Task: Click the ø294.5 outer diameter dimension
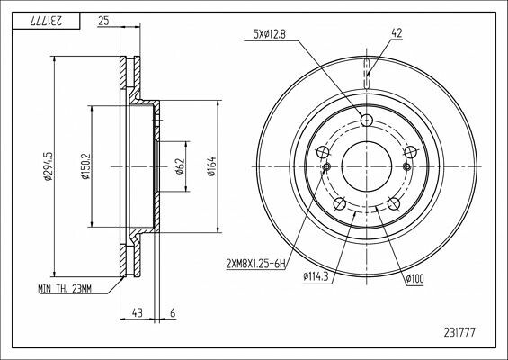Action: (x=48, y=166)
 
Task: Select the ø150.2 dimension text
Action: (x=85, y=166)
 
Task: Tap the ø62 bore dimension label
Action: (x=180, y=166)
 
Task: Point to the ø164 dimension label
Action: (x=211, y=166)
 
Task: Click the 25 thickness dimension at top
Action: (x=103, y=22)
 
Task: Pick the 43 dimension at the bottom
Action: (x=137, y=313)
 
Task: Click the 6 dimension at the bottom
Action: (x=173, y=313)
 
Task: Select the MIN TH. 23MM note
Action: (x=65, y=288)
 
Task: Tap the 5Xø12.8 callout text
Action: (x=269, y=34)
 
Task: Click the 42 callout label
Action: (x=397, y=33)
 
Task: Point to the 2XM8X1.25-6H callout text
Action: (x=256, y=265)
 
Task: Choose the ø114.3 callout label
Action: (x=316, y=276)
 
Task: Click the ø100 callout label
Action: (x=415, y=279)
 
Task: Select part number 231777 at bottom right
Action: (x=459, y=332)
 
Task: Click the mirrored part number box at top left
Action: (x=46, y=21)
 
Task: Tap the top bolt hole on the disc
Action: (x=367, y=121)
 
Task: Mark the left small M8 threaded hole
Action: (x=326, y=166)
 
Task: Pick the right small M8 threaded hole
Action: (x=406, y=166)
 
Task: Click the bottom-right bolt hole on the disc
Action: (x=394, y=203)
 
